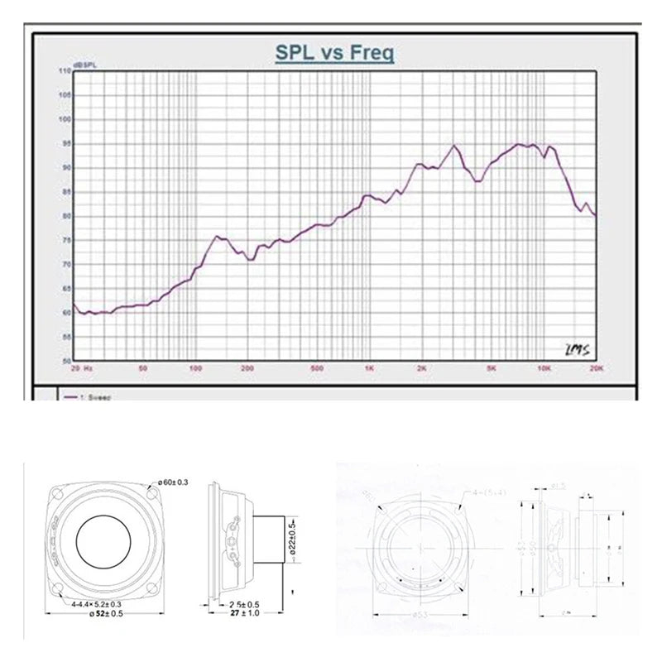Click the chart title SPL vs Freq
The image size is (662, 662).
(x=335, y=53)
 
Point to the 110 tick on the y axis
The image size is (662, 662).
(x=64, y=71)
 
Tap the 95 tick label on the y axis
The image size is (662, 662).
(x=64, y=144)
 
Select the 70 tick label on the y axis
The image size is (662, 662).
(x=64, y=265)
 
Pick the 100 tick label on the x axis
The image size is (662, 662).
(x=196, y=368)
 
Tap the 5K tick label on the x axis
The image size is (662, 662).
(x=492, y=368)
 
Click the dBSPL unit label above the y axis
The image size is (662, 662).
(x=84, y=64)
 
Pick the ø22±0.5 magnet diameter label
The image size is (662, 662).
(x=291, y=539)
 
